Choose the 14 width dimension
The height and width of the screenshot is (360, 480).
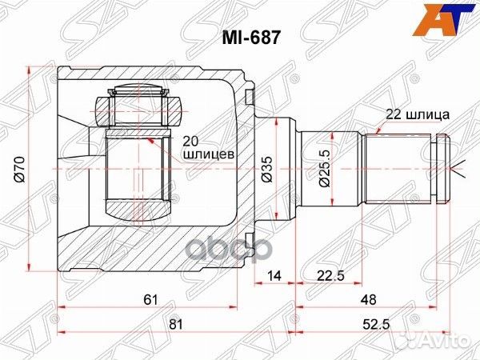[274, 276]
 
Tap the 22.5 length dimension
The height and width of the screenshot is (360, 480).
[328, 276]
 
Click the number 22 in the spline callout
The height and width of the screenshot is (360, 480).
[393, 114]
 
